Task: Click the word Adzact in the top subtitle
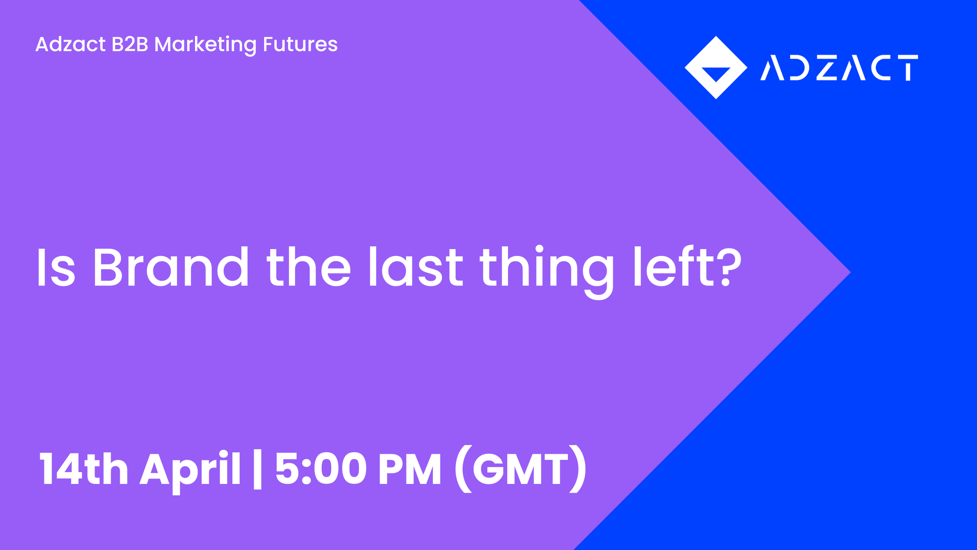click(70, 44)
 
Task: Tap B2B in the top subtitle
click(130, 44)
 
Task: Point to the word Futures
click(300, 44)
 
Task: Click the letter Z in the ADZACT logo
click(827, 68)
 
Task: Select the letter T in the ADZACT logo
click(908, 68)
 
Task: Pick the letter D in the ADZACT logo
click(800, 68)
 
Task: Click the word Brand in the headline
click(170, 267)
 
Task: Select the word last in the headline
click(416, 267)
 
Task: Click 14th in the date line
click(84, 468)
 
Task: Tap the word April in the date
click(190, 469)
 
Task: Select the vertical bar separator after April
click(258, 469)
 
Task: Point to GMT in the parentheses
click(521, 468)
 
